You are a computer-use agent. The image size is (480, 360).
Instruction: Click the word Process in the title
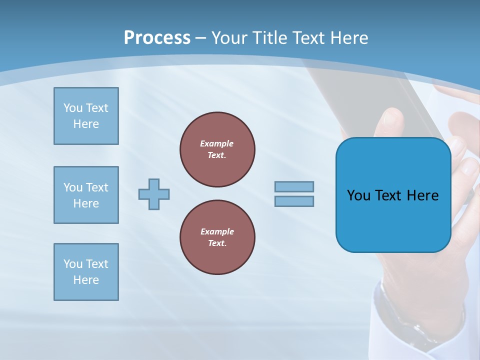157,37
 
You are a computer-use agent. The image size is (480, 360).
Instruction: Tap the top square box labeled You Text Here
86,116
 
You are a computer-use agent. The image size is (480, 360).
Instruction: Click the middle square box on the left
86,195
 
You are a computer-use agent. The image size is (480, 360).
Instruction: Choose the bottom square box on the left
86,272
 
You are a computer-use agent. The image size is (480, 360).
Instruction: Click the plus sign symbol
154,194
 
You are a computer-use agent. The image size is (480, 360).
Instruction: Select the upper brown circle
217,149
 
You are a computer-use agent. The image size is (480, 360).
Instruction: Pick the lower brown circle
217,237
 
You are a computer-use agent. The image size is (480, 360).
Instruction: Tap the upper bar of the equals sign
294,186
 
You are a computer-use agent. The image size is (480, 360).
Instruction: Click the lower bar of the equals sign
294,201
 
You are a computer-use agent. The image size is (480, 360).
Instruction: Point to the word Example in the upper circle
217,143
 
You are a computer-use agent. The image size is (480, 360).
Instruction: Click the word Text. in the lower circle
217,243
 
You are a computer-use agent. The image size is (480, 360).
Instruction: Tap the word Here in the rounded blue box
422,195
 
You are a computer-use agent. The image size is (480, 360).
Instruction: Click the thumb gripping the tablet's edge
390,122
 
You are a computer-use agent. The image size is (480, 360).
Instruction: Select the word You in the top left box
73,108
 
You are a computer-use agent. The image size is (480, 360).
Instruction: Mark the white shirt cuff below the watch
445,345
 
